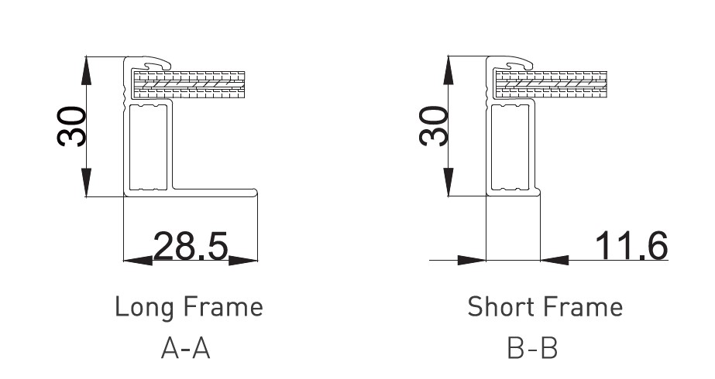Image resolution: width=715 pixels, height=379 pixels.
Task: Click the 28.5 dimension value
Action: point(190,246)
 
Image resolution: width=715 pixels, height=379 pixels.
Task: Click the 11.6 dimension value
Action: point(631,245)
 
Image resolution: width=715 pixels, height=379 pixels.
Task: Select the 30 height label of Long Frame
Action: point(71,127)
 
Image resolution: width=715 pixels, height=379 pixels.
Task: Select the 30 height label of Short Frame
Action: point(433,126)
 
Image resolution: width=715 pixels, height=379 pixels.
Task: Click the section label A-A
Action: point(186,349)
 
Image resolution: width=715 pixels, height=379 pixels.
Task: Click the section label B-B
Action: point(532,349)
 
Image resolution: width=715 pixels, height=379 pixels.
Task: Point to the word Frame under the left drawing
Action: point(223,306)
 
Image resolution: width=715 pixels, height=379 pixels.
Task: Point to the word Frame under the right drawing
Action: point(583,306)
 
